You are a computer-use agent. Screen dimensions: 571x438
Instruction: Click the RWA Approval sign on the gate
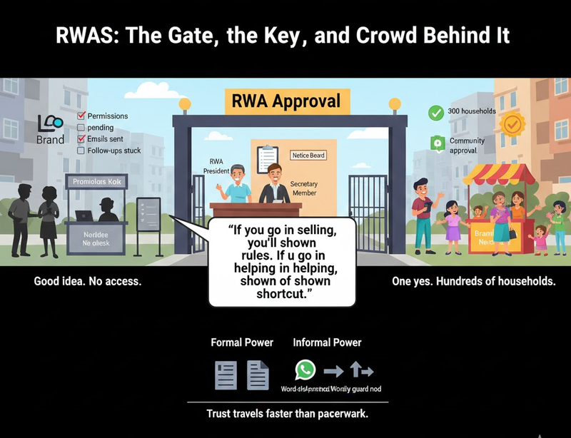(284, 101)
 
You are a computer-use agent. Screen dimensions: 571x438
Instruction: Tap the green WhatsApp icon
(305, 370)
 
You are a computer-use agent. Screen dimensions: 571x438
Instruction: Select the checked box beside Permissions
(81, 116)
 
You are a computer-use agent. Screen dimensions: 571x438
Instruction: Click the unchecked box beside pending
(81, 127)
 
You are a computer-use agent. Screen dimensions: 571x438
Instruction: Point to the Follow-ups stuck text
(113, 151)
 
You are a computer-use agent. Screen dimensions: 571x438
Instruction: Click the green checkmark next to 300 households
(435, 113)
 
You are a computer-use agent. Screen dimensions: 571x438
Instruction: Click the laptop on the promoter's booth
(84, 215)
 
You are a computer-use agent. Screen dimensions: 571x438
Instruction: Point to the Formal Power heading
(242, 342)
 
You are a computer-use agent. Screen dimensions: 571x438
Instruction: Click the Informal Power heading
(327, 342)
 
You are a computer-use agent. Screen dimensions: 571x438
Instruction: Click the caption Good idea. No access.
(88, 282)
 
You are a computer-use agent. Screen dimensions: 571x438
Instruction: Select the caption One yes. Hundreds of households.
(474, 282)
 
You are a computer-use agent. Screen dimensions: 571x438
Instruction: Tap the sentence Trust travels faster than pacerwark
(288, 414)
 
